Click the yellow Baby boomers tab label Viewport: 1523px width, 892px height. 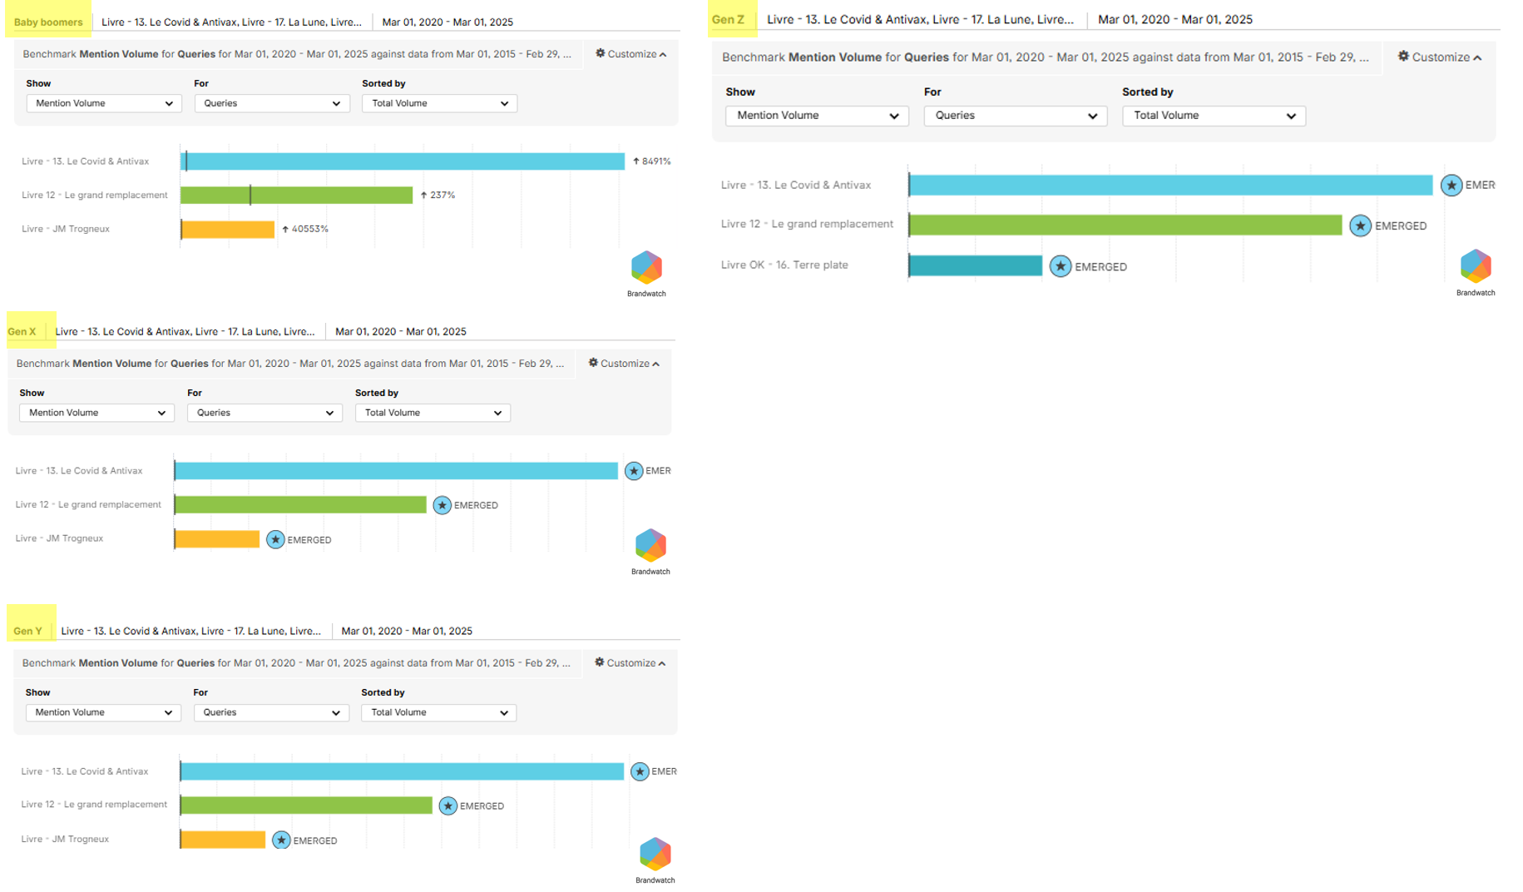48,22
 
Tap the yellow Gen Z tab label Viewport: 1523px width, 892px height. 729,19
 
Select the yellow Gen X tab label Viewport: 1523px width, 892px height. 22,331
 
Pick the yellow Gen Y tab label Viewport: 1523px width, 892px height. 28,631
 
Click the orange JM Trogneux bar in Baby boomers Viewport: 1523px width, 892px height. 228,229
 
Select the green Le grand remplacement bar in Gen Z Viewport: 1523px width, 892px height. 1125,225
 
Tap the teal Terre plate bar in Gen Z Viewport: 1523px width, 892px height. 975,265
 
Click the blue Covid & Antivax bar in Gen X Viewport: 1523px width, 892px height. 396,471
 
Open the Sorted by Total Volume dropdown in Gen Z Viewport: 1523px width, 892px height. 1214,116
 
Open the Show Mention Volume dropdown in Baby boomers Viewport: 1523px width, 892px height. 104,103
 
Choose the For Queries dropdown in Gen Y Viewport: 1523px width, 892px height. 271,712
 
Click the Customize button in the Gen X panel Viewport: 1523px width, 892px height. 624,364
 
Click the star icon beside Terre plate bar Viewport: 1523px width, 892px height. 1060,266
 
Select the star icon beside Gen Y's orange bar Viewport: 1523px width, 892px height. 281,840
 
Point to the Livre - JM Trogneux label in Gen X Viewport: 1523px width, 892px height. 59,538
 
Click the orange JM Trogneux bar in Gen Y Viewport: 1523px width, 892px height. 223,840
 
